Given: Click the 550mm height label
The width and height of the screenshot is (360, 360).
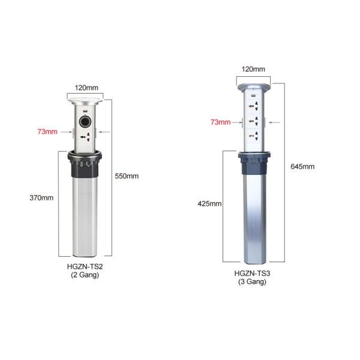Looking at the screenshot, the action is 127,176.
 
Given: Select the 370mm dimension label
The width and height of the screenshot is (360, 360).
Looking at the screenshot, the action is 41,197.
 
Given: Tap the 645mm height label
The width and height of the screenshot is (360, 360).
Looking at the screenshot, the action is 302,166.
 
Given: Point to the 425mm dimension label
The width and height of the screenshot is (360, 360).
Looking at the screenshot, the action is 209,203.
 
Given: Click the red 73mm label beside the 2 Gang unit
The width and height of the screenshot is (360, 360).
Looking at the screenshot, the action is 47,132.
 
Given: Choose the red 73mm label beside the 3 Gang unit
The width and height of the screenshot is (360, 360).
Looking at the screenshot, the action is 221,122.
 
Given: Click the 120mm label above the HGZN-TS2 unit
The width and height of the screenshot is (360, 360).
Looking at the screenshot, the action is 86,88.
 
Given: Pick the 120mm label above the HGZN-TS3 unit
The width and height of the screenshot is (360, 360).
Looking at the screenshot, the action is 253,69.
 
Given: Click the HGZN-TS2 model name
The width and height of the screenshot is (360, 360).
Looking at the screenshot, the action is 85,266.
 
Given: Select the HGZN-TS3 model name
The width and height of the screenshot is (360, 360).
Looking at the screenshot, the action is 253,274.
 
